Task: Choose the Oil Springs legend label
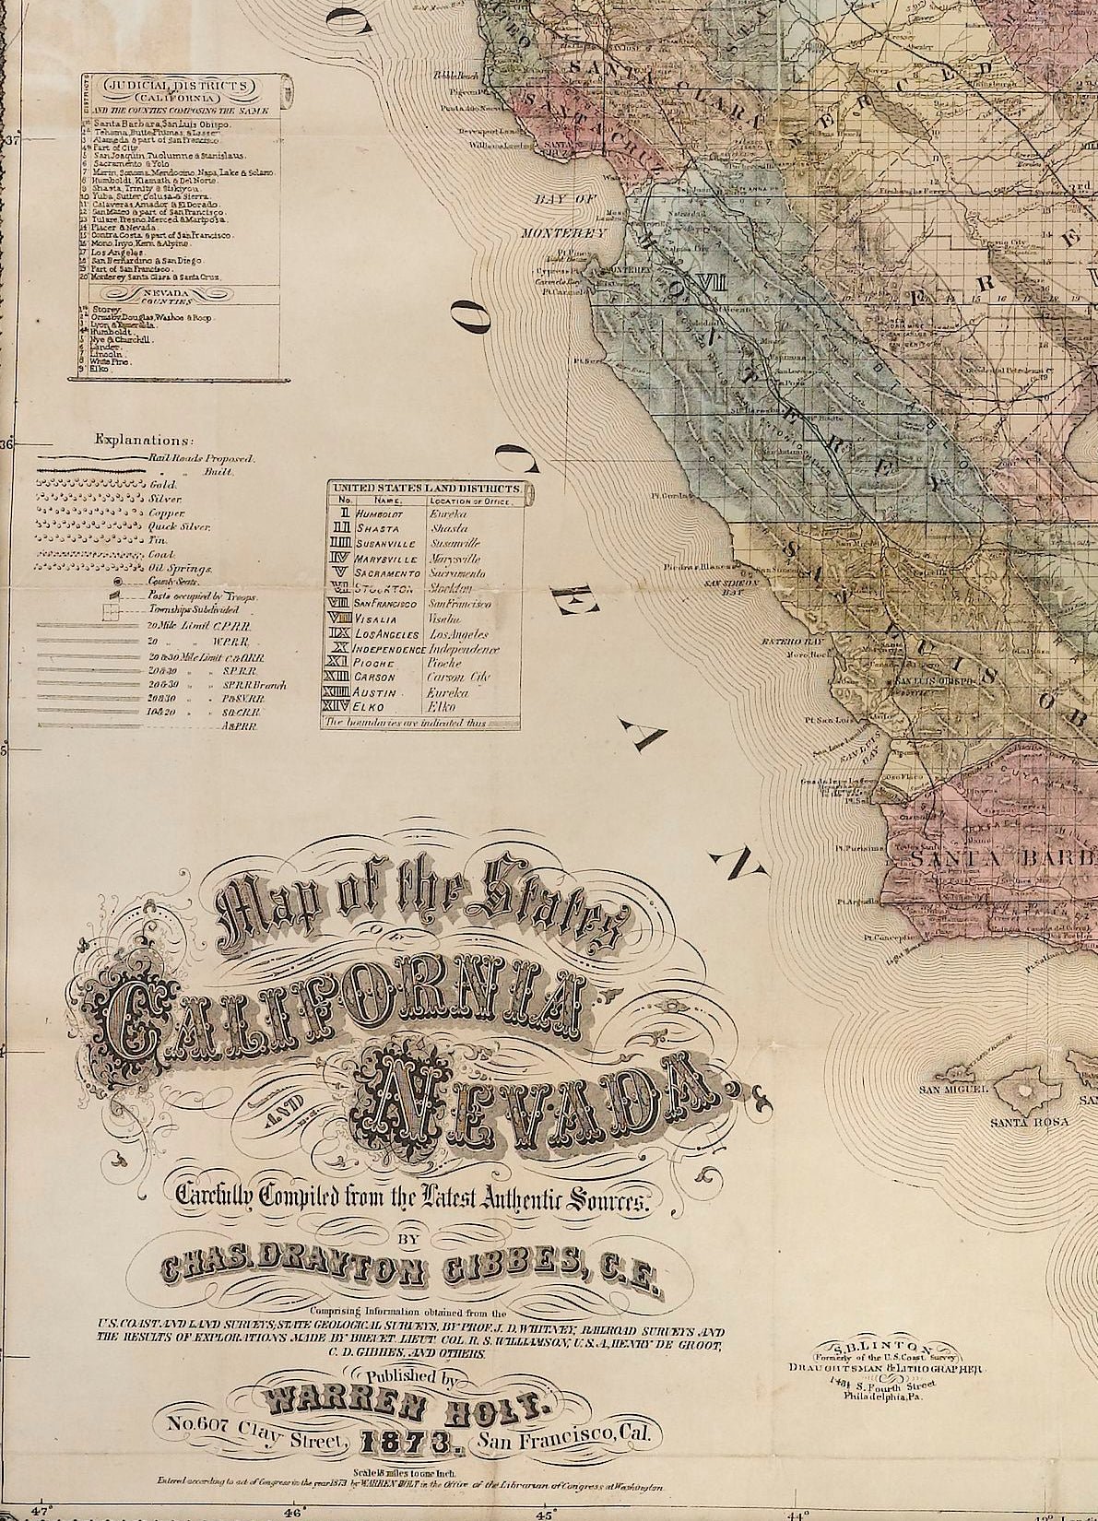[169, 570]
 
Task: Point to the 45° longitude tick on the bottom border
[545, 1513]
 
